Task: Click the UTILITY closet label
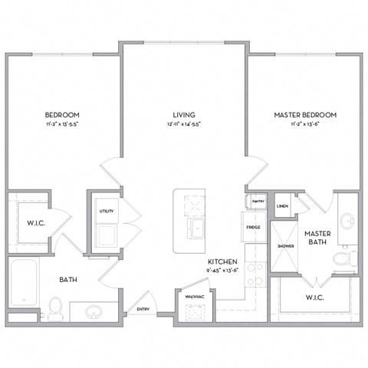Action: (x=106, y=212)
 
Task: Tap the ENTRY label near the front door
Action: (x=143, y=310)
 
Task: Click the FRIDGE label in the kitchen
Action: (x=253, y=228)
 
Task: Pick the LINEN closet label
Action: (x=282, y=206)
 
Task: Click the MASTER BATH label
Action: (x=317, y=238)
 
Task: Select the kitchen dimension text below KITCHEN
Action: (x=224, y=270)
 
